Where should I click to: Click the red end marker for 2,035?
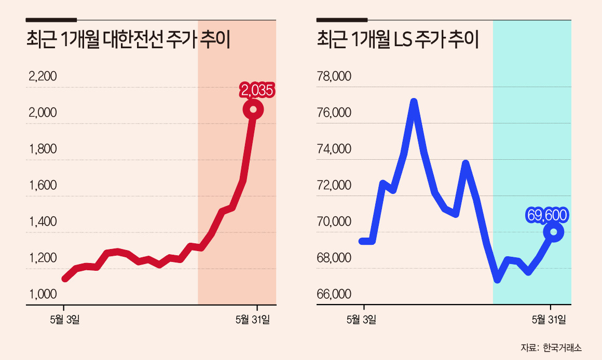253,109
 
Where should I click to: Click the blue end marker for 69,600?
553,232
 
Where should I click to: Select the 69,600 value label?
548,214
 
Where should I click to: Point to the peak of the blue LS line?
414,102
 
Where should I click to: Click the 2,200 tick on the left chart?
43,77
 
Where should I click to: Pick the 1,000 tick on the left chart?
43,294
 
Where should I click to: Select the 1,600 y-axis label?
43,186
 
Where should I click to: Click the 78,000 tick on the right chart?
334,77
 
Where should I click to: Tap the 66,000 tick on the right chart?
334,294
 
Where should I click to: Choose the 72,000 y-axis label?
334,186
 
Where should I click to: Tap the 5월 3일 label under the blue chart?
361,320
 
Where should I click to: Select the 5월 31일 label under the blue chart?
549,320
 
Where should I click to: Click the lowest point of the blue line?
497,280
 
